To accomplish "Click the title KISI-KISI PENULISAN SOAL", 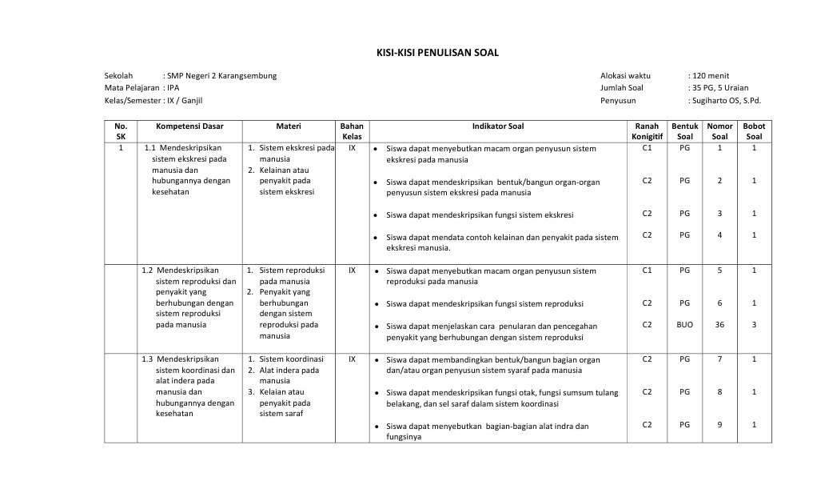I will (x=437, y=53).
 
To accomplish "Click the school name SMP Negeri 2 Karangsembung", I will (x=222, y=75).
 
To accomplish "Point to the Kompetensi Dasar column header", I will (x=189, y=126).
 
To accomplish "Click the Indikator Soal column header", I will (x=498, y=126).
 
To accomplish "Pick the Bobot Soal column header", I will (x=754, y=131).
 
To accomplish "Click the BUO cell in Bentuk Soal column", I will (x=684, y=324).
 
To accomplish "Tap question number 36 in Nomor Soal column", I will (x=719, y=324).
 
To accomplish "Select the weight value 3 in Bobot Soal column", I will (x=754, y=324).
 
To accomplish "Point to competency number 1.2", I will (x=147, y=271).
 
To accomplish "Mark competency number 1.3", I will (x=147, y=359).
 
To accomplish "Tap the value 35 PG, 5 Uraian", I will (x=720, y=88).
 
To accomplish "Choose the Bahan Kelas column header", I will (x=352, y=131).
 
